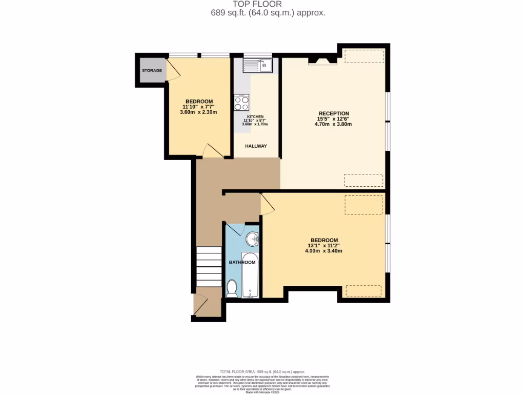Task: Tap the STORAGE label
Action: point(152,70)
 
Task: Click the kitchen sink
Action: point(258,66)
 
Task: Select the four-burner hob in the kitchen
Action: point(241,103)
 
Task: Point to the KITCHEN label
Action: point(255,117)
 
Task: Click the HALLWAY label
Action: point(256,146)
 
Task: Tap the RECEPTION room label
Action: point(334,114)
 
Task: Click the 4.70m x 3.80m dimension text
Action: point(334,124)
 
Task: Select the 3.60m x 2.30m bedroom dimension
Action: point(199,112)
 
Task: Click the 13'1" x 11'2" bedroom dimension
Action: point(324,246)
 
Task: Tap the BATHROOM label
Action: point(242,263)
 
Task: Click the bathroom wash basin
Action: point(252,239)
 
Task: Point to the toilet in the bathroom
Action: point(232,288)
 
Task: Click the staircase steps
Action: point(209,266)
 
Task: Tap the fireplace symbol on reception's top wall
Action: point(322,61)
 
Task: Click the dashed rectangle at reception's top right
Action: point(364,56)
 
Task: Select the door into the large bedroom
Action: point(267,204)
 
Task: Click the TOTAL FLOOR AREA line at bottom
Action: point(262,371)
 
